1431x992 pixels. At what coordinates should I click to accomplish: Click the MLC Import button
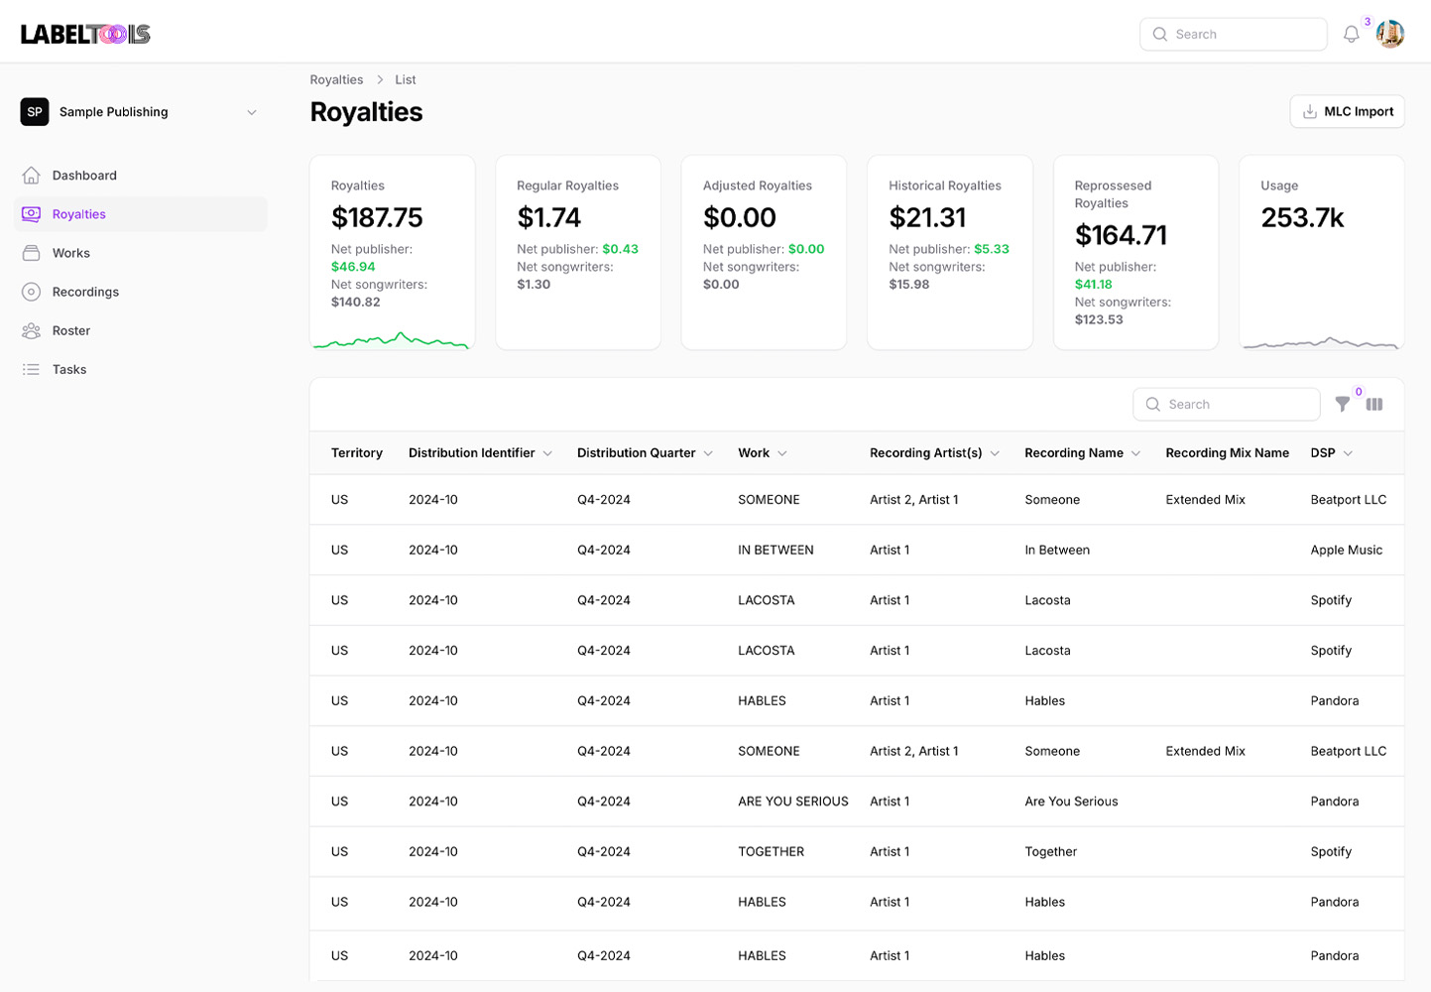[1347, 112]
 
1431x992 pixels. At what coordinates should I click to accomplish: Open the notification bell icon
[1351, 35]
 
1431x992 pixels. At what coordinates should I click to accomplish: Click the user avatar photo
[1389, 35]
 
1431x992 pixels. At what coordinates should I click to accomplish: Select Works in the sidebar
[70, 253]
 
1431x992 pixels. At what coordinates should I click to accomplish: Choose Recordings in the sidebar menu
[85, 292]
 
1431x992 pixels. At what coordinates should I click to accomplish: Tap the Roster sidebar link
[70, 330]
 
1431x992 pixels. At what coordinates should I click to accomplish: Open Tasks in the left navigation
[69, 369]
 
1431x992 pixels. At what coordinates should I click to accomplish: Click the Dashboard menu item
[84, 176]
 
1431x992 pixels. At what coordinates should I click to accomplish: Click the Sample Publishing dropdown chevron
[252, 112]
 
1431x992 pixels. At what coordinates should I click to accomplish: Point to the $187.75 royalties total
[377, 217]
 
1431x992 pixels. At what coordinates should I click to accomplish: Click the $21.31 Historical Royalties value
[927, 217]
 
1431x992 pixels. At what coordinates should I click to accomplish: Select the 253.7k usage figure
[1302, 217]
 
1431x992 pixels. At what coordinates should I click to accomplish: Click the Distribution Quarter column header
[637, 453]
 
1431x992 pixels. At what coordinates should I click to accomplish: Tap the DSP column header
[1323, 453]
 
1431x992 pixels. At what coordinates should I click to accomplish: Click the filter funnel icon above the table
[1342, 404]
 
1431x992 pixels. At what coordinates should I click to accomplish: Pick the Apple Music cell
[1346, 550]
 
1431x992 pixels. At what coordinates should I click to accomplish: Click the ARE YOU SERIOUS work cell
[792, 802]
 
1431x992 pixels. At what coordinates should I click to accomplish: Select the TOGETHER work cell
[771, 852]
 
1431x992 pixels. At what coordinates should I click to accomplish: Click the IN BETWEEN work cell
[775, 550]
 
